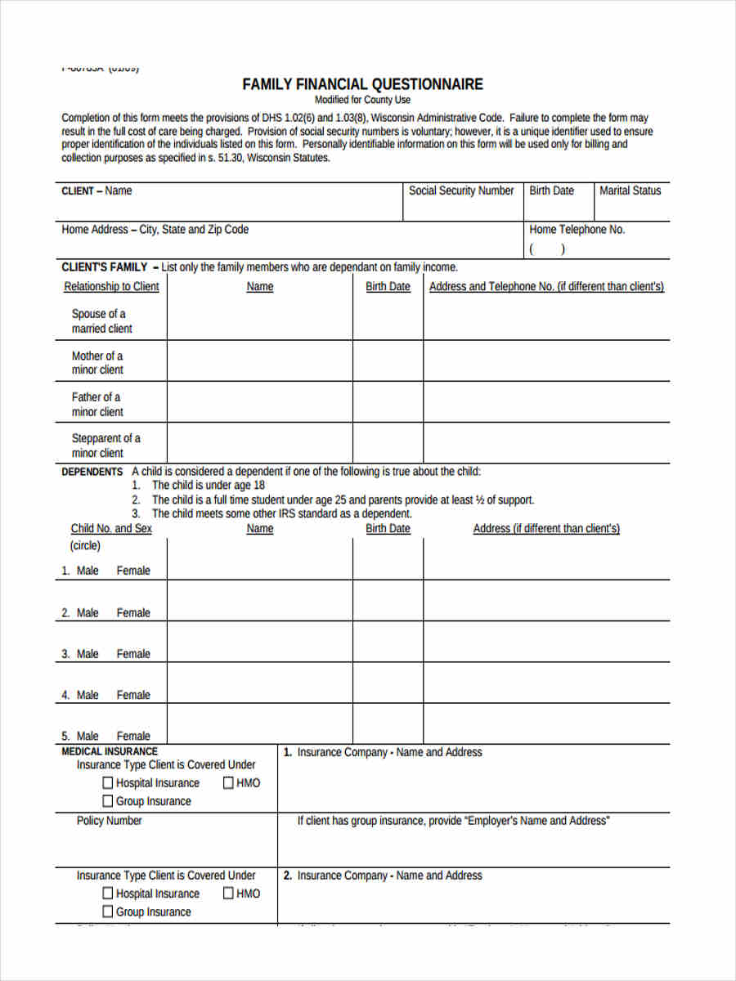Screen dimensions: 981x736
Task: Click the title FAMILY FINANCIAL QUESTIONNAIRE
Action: pos(362,84)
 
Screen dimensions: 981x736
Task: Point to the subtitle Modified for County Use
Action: pos(362,100)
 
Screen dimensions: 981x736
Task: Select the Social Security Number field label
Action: pos(461,190)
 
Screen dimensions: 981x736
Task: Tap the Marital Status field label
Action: pos(630,190)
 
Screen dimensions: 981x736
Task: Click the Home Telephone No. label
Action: pos(577,230)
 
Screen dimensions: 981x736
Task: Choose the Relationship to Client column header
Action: pos(111,286)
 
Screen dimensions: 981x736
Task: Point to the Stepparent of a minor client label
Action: pos(105,446)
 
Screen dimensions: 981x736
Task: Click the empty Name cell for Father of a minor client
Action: pos(259,402)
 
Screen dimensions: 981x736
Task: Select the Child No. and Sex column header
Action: pos(111,528)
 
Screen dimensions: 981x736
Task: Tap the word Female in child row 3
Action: pos(133,654)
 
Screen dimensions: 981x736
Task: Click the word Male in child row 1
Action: pos(88,571)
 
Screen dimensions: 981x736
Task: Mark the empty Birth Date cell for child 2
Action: pos(388,601)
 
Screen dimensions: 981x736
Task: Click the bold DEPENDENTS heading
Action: pos(92,472)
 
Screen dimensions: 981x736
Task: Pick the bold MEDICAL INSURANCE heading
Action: pos(110,751)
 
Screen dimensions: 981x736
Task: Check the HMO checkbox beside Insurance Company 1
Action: pos(228,783)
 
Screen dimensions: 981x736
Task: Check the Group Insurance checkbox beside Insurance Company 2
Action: pos(108,912)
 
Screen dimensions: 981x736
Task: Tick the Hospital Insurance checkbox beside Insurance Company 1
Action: pos(108,783)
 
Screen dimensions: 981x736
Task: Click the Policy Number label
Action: pos(109,821)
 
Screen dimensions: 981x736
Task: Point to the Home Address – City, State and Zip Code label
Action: pos(155,230)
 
